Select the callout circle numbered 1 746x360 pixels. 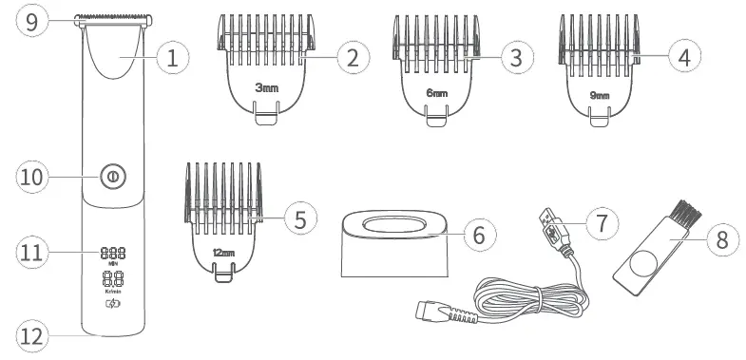coord(171,58)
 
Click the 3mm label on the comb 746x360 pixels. coord(267,86)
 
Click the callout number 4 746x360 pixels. coord(678,57)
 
